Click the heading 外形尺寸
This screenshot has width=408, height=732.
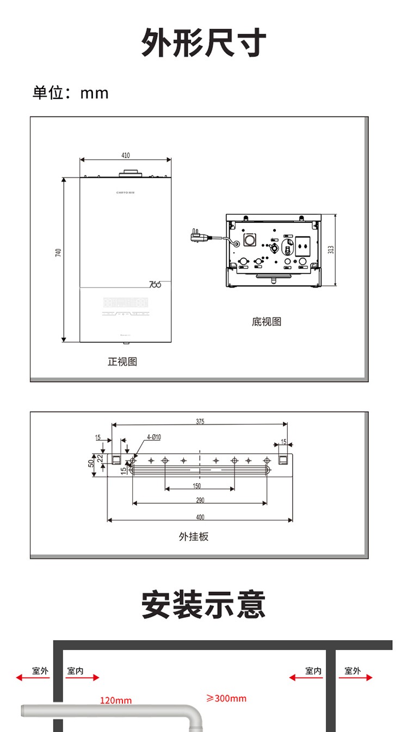point(204,43)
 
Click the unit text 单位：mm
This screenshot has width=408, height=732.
point(71,93)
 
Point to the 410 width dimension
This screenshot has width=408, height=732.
point(126,155)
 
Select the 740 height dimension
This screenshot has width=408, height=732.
point(59,253)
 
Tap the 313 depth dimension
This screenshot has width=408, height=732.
point(331,249)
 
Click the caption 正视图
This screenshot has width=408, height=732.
point(122,361)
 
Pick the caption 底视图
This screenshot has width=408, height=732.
point(267,322)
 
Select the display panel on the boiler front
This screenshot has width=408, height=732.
point(125,302)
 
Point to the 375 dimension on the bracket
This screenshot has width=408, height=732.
point(200,422)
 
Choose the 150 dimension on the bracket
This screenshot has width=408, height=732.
point(197,486)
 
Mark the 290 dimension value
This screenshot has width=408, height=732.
point(200,500)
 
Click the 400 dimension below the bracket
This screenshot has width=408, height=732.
point(200,517)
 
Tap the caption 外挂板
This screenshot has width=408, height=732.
point(194,537)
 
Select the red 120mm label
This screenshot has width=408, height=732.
point(116,700)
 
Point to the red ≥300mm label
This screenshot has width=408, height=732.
point(226,698)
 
